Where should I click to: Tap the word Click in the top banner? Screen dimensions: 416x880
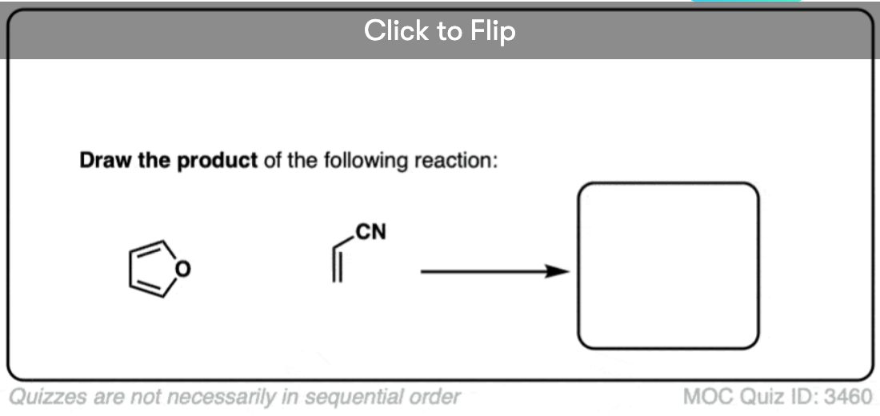(x=396, y=31)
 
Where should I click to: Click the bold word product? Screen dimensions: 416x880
(x=217, y=160)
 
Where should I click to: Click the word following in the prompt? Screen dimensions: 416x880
(x=364, y=160)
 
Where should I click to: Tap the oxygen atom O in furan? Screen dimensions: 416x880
(x=182, y=270)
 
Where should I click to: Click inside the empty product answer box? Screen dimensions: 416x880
(x=668, y=266)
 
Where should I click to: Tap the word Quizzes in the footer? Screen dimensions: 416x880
(x=39, y=397)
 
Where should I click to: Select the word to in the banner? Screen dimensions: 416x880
(x=450, y=31)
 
